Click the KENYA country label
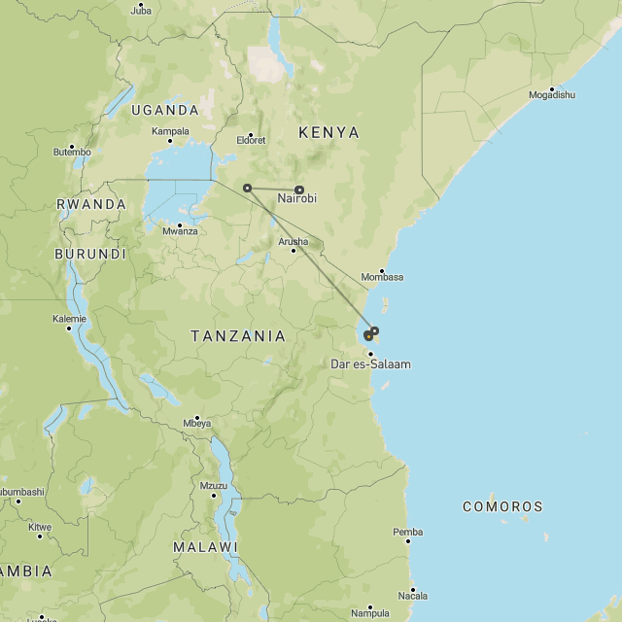(328, 132)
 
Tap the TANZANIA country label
(238, 336)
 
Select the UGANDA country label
(165, 111)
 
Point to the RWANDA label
(91, 205)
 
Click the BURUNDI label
(90, 254)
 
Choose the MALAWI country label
(205, 547)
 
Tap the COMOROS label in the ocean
(502, 506)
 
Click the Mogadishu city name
(552, 95)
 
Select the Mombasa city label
(382, 277)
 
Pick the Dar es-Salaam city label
(371, 364)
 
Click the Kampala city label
(170, 131)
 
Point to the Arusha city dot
(294, 251)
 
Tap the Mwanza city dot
(179, 225)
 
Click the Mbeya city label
(196, 424)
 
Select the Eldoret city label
(250, 140)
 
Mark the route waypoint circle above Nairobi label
(299, 190)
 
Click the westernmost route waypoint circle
(247, 188)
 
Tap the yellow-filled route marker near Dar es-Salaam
(368, 336)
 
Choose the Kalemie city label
(69, 319)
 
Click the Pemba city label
(407, 532)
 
